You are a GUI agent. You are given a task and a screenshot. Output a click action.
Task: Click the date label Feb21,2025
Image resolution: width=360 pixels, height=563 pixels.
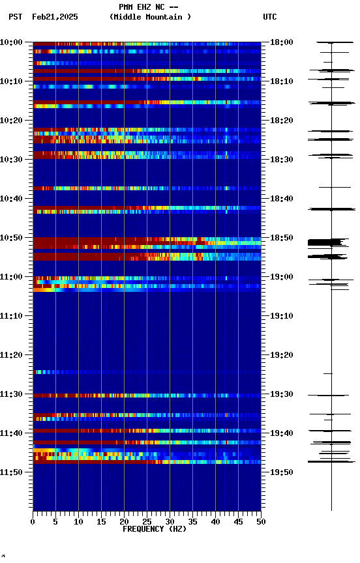coord(55,17)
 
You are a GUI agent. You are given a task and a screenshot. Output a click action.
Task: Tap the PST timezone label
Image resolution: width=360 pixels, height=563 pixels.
coord(16,17)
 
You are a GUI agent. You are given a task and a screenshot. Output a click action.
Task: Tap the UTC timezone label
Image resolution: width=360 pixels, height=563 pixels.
coord(270,17)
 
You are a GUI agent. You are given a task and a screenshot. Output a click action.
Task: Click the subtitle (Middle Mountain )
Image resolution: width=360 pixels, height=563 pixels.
coord(151,17)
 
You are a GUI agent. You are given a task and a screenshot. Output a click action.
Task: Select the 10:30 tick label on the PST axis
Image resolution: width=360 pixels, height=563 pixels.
coord(13,160)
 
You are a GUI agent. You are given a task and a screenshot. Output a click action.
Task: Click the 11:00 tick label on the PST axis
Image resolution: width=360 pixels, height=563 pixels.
coord(13,277)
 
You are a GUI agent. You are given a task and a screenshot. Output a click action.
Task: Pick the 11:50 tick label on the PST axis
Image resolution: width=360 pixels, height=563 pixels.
coord(13,472)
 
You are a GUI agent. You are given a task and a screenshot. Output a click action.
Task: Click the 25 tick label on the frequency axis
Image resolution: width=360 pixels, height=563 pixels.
coord(147,521)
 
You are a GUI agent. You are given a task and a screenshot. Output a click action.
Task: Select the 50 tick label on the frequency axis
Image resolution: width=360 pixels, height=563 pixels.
coord(261,521)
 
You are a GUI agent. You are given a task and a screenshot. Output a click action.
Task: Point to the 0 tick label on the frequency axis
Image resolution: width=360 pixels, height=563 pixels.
coord(33,521)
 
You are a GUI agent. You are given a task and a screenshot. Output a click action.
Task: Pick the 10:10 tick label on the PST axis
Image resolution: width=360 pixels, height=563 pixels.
coord(13,81)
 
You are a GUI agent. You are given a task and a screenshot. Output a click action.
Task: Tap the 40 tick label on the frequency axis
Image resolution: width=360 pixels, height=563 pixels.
coord(215,521)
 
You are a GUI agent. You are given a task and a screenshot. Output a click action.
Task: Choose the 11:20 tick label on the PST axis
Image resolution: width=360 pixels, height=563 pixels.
coord(13,355)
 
